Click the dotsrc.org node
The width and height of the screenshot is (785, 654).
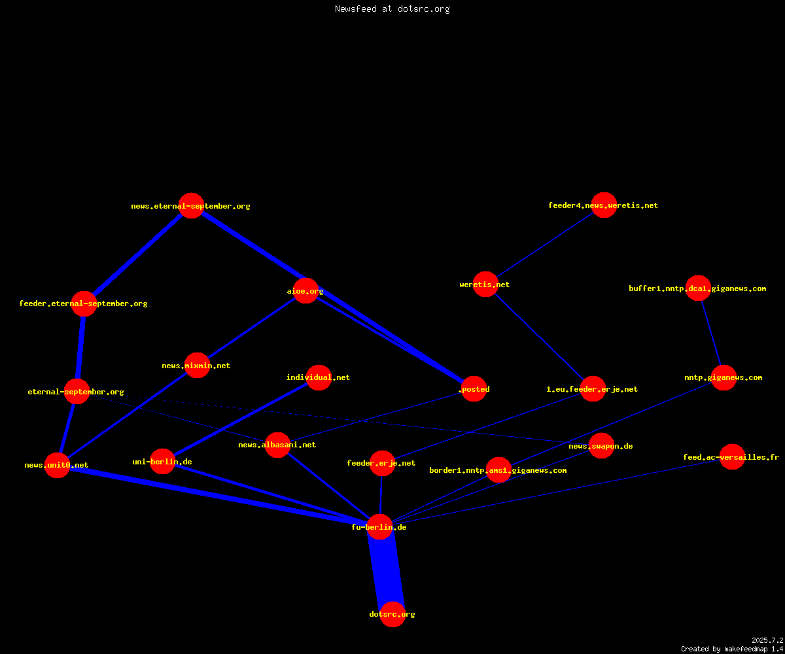392,614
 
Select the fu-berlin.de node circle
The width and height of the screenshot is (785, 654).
379,526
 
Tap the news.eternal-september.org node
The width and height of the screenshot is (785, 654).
192,205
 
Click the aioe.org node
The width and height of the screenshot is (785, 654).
305,290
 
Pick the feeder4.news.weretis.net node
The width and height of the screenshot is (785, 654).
604,205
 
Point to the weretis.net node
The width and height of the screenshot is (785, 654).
485,284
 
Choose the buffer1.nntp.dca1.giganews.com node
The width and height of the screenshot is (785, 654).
698,288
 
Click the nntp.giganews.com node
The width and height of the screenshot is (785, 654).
724,377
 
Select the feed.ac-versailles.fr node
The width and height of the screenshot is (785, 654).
732,456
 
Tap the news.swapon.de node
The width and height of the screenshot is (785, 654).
602,446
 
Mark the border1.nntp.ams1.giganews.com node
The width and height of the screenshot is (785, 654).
499,470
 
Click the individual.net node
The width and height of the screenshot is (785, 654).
319,377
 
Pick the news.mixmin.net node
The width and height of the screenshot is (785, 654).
197,365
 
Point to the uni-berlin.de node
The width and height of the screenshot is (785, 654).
162,461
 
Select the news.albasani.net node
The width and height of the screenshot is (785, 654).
277,445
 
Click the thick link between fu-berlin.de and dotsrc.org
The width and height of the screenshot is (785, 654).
386,570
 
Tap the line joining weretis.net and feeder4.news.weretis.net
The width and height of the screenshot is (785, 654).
545,245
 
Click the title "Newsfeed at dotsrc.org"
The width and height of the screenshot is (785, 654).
392,9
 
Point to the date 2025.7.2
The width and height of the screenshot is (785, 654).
767,640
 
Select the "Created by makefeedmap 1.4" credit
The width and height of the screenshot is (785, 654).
732,649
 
